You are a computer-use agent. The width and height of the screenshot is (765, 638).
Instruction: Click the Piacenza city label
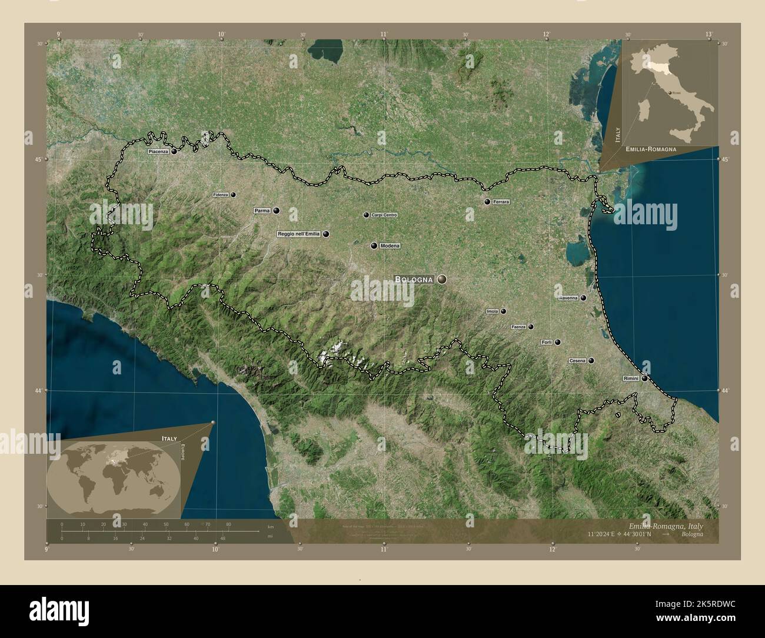tap(158, 151)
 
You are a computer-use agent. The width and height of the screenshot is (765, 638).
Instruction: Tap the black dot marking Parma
tap(276, 210)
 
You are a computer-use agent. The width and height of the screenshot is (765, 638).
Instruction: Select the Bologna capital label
tap(414, 280)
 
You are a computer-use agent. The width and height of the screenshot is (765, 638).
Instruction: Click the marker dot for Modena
tap(374, 245)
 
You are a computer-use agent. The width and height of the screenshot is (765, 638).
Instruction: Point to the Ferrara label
tap(501, 202)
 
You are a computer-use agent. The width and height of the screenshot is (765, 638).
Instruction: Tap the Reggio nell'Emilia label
tap(299, 234)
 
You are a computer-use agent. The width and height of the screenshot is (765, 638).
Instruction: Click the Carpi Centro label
tap(385, 215)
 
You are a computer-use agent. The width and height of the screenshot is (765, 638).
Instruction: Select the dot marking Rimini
tap(645, 378)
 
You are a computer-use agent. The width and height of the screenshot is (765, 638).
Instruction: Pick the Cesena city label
tap(577, 361)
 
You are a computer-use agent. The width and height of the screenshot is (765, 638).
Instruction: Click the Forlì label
tap(546, 342)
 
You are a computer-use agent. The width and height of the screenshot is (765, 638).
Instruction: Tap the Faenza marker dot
tap(531, 327)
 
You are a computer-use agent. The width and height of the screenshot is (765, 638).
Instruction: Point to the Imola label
tap(492, 311)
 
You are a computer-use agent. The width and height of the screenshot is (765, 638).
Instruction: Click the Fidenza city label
tap(221, 194)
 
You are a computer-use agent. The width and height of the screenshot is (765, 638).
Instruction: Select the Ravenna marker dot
tap(583, 298)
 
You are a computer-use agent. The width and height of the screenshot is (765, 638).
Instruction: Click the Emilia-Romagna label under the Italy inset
tap(651, 149)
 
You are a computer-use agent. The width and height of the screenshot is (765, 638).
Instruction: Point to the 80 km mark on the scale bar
tap(228, 524)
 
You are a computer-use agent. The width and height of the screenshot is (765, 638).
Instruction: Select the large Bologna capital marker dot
tap(442, 280)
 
